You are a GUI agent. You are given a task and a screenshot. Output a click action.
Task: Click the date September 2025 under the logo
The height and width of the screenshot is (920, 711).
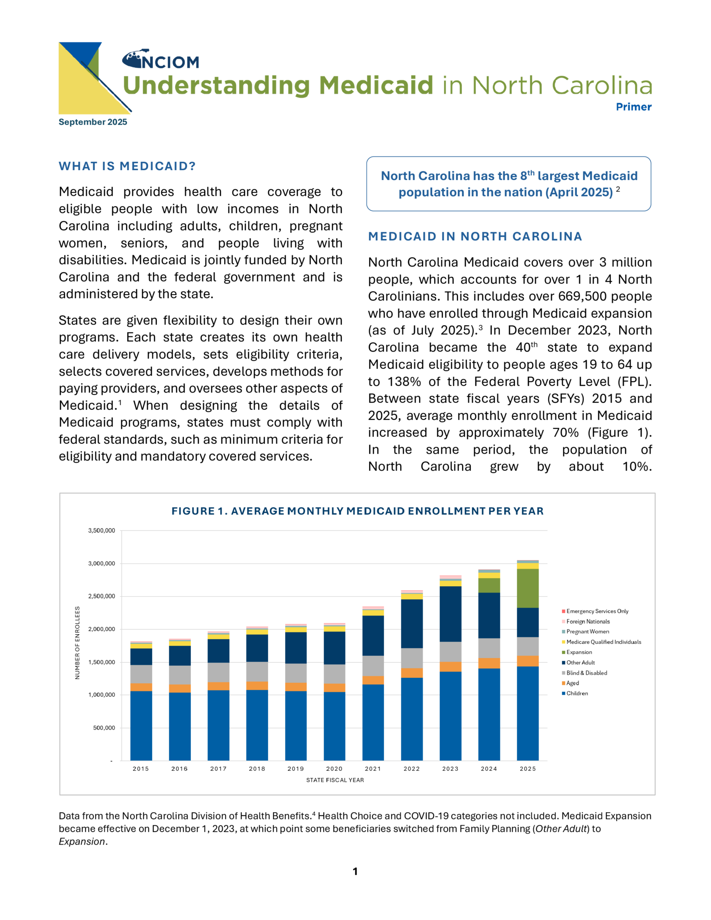pos(93,122)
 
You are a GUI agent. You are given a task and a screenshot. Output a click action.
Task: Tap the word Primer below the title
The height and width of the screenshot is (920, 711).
pos(633,107)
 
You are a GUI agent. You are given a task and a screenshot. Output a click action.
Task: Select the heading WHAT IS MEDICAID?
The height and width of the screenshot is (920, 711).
pos(127,166)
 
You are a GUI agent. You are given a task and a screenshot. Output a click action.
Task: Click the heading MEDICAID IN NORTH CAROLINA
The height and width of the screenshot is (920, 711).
pos(475,237)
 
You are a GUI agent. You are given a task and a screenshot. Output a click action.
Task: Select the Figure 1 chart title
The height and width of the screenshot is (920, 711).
pos(358,511)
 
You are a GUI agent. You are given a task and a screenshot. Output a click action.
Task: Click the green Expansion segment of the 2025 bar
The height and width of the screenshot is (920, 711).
pos(527,588)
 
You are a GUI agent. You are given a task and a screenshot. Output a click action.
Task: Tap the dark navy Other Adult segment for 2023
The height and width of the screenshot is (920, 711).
pos(450,614)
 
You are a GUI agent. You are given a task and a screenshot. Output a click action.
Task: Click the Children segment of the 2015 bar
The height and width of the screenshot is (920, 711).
pos(141,725)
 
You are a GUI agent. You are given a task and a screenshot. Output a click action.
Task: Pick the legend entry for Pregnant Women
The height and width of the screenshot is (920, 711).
pos(587,632)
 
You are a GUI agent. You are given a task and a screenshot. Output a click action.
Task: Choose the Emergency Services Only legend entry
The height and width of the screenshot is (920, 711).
pos(597,611)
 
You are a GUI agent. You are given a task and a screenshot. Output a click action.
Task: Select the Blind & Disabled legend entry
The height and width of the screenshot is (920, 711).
pos(586,673)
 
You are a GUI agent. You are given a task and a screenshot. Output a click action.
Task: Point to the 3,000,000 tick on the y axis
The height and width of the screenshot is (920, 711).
pos(102,564)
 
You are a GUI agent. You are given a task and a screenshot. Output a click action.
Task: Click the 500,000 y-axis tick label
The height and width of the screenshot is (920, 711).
pos(104,728)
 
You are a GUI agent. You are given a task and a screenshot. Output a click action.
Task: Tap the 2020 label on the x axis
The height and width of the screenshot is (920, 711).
pos(334,769)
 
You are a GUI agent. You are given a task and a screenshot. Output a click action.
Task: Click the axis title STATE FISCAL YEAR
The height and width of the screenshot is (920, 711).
pos(335,780)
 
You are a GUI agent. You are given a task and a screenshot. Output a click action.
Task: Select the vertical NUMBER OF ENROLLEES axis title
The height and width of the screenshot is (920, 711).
pos(77,642)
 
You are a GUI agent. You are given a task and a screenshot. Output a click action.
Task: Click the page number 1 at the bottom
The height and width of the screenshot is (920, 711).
pos(355,872)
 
